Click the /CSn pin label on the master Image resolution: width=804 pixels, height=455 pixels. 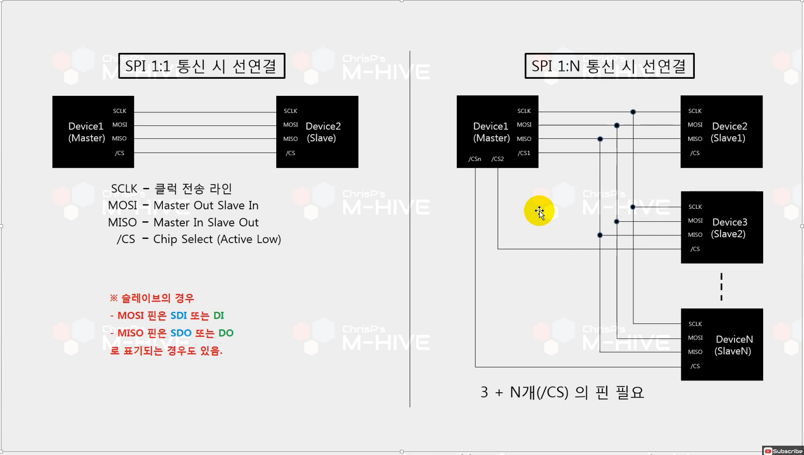pyautogui.click(x=474, y=159)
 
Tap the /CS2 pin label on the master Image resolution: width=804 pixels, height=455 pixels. pyautogui.click(x=497, y=159)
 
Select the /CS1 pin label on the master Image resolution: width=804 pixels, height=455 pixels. pyautogui.click(x=524, y=153)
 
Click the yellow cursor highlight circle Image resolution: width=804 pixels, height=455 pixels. pyautogui.click(x=539, y=211)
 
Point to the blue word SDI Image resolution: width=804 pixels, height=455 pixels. pyautogui.click(x=178, y=316)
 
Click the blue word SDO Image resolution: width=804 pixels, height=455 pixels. pyautogui.click(x=181, y=333)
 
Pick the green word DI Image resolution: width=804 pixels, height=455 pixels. pyautogui.click(x=219, y=316)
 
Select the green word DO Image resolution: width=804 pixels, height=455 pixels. pyautogui.click(x=226, y=333)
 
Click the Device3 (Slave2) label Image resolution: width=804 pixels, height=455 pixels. pyautogui.click(x=729, y=228)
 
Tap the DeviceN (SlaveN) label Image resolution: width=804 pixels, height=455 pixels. pyautogui.click(x=734, y=345)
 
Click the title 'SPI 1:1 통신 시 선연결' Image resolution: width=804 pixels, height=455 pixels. pyautogui.click(x=201, y=66)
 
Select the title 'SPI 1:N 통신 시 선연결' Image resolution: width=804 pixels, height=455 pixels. pyautogui.click(x=609, y=66)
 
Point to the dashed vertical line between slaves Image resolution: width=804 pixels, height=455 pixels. pyautogui.click(x=721, y=287)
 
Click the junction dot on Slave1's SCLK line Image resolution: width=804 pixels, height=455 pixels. pyautogui.click(x=633, y=112)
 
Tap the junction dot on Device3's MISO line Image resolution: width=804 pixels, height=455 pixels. pyautogui.click(x=600, y=235)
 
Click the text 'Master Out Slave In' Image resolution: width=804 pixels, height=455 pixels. pyautogui.click(x=206, y=206)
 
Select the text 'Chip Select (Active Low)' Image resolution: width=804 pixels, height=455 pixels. pyautogui.click(x=217, y=239)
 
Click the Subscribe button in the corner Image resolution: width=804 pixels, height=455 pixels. pyautogui.click(x=783, y=451)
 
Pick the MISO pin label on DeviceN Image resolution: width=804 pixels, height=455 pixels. pyautogui.click(x=695, y=352)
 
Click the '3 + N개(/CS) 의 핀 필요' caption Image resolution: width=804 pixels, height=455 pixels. pyautogui.click(x=562, y=392)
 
